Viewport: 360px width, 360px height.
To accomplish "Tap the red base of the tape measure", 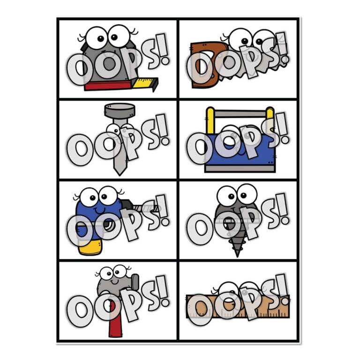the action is [108, 85].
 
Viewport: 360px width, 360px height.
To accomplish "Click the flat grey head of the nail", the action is [120, 110].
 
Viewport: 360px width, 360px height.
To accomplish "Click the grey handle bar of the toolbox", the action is [240, 113].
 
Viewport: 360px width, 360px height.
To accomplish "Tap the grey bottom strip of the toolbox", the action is [240, 169].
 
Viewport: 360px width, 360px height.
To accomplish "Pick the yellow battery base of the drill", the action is [90, 247].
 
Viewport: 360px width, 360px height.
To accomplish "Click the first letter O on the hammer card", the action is [79, 311].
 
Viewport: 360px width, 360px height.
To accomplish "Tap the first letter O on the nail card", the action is [79, 150].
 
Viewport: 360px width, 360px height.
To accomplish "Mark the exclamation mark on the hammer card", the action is [163, 292].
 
